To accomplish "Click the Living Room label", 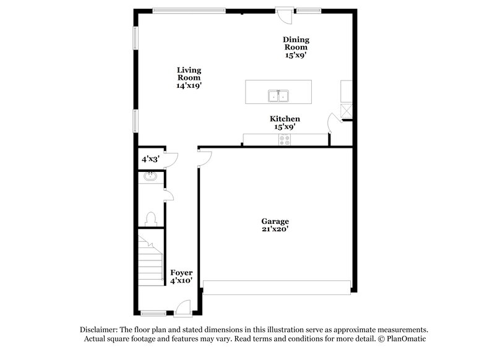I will pyautogui.click(x=189, y=78).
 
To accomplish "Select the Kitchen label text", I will pyautogui.click(x=285, y=119).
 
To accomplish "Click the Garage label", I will pyautogui.click(x=275, y=221).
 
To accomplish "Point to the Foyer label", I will pyautogui.click(x=181, y=272).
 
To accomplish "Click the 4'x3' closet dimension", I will pyautogui.click(x=150, y=159).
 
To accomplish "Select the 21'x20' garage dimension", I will pyautogui.click(x=275, y=229).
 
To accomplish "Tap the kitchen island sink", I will pyautogui.click(x=278, y=96).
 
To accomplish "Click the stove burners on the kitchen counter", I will pyautogui.click(x=285, y=140).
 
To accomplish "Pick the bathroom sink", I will pyautogui.click(x=149, y=177).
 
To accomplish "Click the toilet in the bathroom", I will pyautogui.click(x=149, y=218).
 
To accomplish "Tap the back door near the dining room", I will pyautogui.click(x=285, y=12).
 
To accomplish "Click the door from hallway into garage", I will pyautogui.click(x=204, y=158).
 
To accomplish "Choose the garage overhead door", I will pyautogui.click(x=277, y=286).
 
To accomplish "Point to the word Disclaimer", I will pyautogui.click(x=100, y=330).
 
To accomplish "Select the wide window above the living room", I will pyautogui.click(x=189, y=10).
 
